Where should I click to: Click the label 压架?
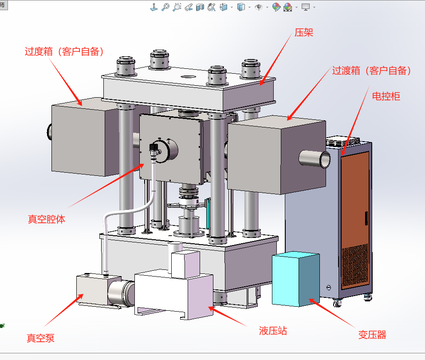(304, 32)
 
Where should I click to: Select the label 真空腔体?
(47, 219)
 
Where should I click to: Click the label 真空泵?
(40, 338)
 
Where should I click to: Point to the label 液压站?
(273, 331)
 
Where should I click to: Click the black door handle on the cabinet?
(366, 218)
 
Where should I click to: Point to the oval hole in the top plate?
(189, 76)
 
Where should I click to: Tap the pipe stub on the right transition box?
(316, 159)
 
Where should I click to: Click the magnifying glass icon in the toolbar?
(165, 7)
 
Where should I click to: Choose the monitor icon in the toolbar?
(305, 7)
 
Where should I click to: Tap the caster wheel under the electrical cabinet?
(338, 304)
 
